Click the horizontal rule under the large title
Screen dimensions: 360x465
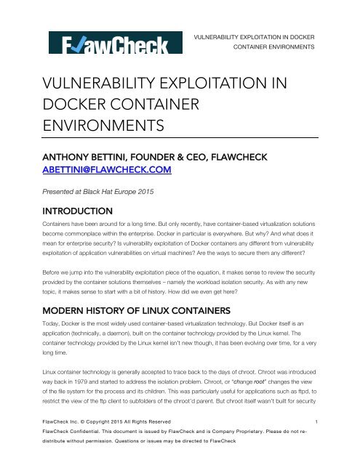pyautogui.click(x=180, y=137)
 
